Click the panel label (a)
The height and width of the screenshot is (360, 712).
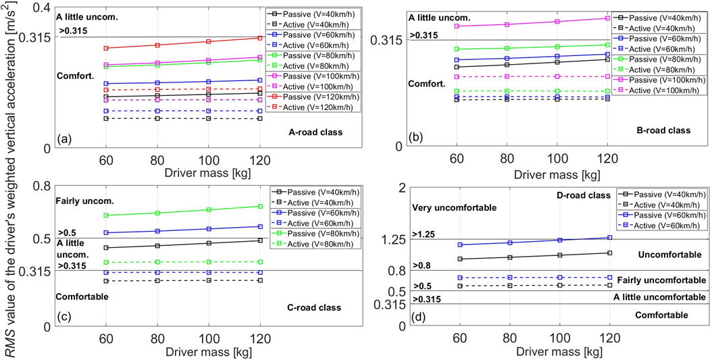pyautogui.click(x=64, y=139)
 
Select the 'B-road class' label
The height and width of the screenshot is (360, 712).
pyautogui.click(x=663, y=130)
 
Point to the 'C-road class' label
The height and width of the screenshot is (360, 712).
pyautogui.click(x=313, y=308)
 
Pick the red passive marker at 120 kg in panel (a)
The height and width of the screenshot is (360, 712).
pyautogui.click(x=259, y=38)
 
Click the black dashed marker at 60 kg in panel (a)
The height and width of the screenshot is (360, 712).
pyautogui.click(x=106, y=119)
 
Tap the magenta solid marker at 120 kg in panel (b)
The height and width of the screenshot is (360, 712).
pyautogui.click(x=608, y=18)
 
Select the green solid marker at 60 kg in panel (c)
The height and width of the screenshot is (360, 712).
pyautogui.click(x=106, y=215)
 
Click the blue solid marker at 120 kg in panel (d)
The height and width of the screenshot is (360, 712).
pyautogui.click(x=609, y=238)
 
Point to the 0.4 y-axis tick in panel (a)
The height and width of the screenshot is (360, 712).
pyautogui.click(x=41, y=8)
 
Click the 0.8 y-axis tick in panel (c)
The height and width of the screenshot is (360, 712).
pyautogui.click(x=41, y=186)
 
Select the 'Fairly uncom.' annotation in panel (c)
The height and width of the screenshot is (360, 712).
pyautogui.click(x=85, y=201)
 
